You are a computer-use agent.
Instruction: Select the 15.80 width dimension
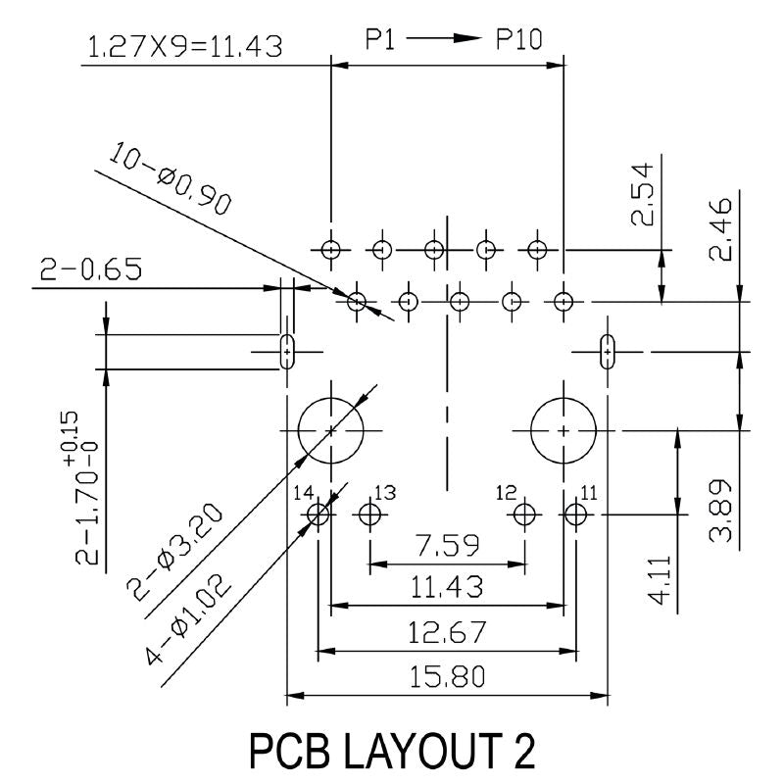(448, 677)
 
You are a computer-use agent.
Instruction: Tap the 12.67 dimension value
(447, 632)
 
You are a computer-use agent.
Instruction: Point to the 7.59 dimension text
(448, 545)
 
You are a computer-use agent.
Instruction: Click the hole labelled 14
(318, 514)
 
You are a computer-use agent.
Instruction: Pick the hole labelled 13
(370, 514)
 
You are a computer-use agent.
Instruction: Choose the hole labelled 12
(524, 514)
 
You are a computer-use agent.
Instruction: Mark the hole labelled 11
(575, 514)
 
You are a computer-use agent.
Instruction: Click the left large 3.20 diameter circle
(330, 430)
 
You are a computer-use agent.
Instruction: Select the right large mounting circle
(563, 430)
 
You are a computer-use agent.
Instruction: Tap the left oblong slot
(287, 352)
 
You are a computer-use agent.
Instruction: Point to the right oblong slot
(607, 352)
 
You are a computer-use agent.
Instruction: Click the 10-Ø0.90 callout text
(171, 178)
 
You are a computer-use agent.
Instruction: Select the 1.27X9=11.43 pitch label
(185, 46)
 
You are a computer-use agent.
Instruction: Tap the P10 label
(519, 39)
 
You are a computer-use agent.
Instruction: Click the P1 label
(380, 39)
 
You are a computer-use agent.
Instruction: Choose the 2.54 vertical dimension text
(642, 194)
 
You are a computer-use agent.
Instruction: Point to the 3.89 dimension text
(720, 511)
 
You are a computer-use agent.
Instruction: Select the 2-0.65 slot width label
(91, 269)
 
